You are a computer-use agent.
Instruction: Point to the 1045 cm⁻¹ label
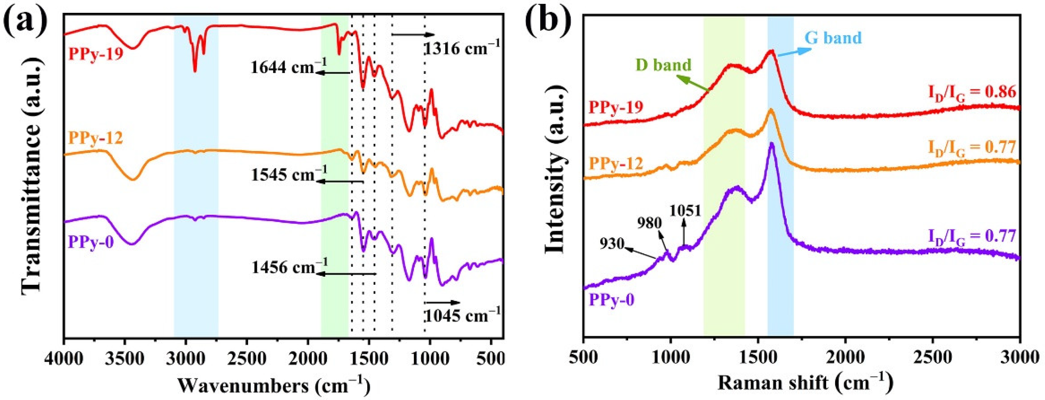(x=462, y=314)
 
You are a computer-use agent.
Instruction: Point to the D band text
(x=663, y=65)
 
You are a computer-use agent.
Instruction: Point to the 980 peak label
(x=649, y=223)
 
